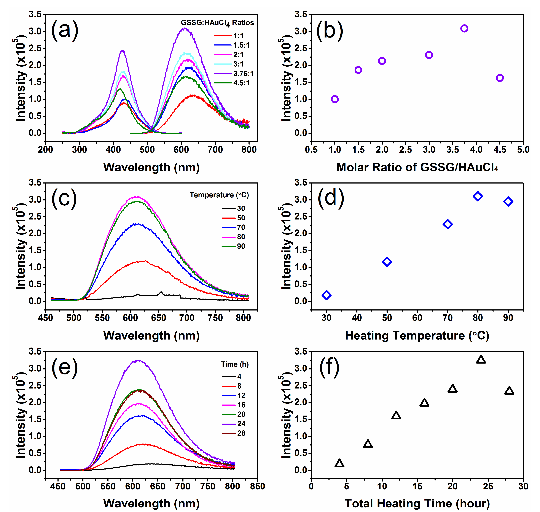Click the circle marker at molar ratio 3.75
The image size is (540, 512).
pyautogui.click(x=464, y=28)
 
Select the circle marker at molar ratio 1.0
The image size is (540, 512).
pyautogui.click(x=335, y=99)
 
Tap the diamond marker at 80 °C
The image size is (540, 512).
pyautogui.click(x=478, y=196)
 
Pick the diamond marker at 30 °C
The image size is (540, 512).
pyautogui.click(x=326, y=295)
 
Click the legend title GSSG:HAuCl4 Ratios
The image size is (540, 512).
pyautogui.click(x=217, y=23)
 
